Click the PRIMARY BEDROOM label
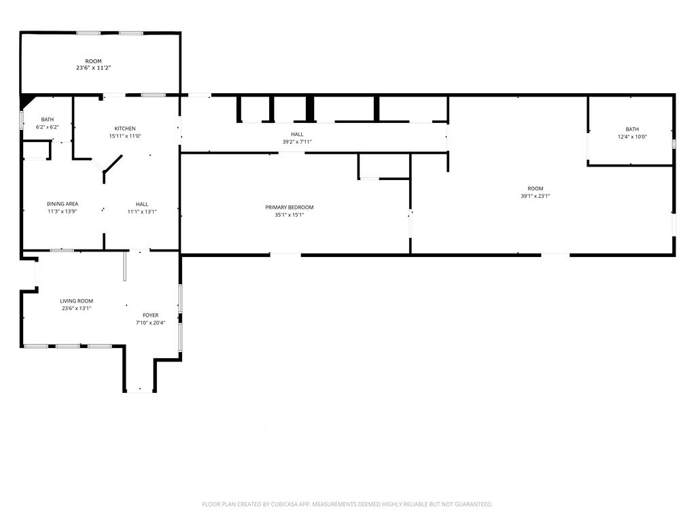[290, 207]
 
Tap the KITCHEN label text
[125, 128]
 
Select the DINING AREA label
[63, 204]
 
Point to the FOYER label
[150, 315]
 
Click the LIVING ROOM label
[76, 301]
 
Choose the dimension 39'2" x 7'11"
[297, 141]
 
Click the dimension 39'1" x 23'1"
[536, 196]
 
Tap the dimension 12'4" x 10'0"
[632, 137]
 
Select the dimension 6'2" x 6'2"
[47, 127]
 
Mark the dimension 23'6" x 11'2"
[93, 68]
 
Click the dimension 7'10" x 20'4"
[150, 323]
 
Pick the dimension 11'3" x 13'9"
[63, 211]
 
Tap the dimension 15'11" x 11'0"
[125, 136]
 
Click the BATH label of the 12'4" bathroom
[632, 129]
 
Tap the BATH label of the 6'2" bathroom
[47, 120]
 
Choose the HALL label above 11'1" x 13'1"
[142, 204]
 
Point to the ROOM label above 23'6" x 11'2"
[93, 61]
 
